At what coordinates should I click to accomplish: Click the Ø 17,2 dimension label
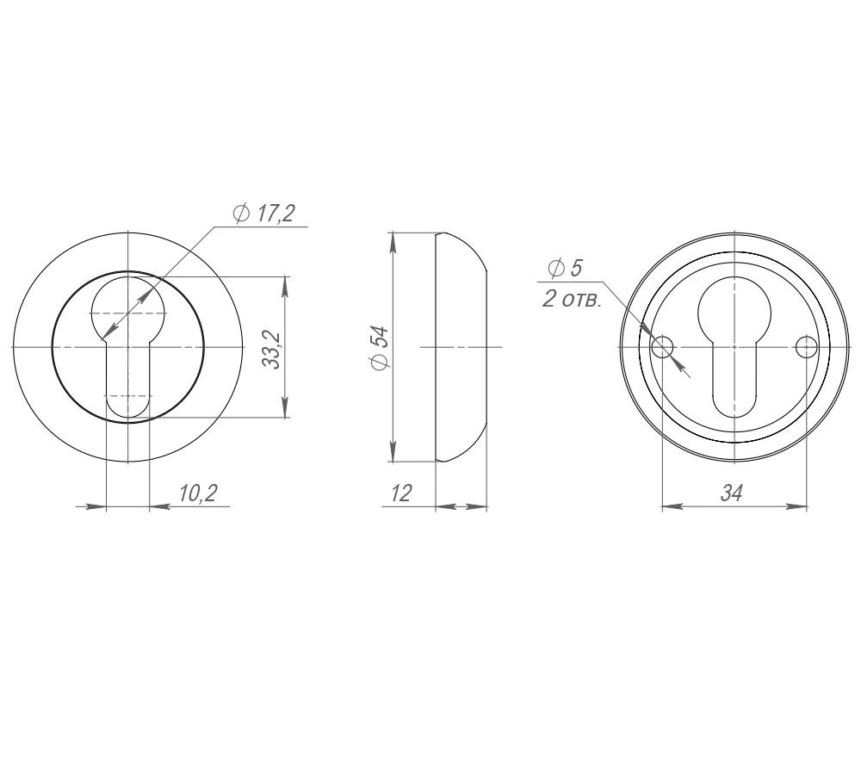tap(264, 213)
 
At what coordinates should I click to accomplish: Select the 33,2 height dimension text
tap(273, 350)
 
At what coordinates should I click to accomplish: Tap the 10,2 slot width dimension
tap(198, 493)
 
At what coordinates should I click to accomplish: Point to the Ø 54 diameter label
tap(380, 348)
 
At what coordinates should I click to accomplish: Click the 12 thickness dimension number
tap(401, 493)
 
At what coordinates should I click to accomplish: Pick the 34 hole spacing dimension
tap(731, 493)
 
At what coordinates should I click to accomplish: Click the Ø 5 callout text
tap(565, 268)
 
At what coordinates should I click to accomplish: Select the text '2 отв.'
tap(572, 300)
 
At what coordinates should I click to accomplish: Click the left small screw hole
tap(662, 346)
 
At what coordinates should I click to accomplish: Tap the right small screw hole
tap(807, 346)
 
